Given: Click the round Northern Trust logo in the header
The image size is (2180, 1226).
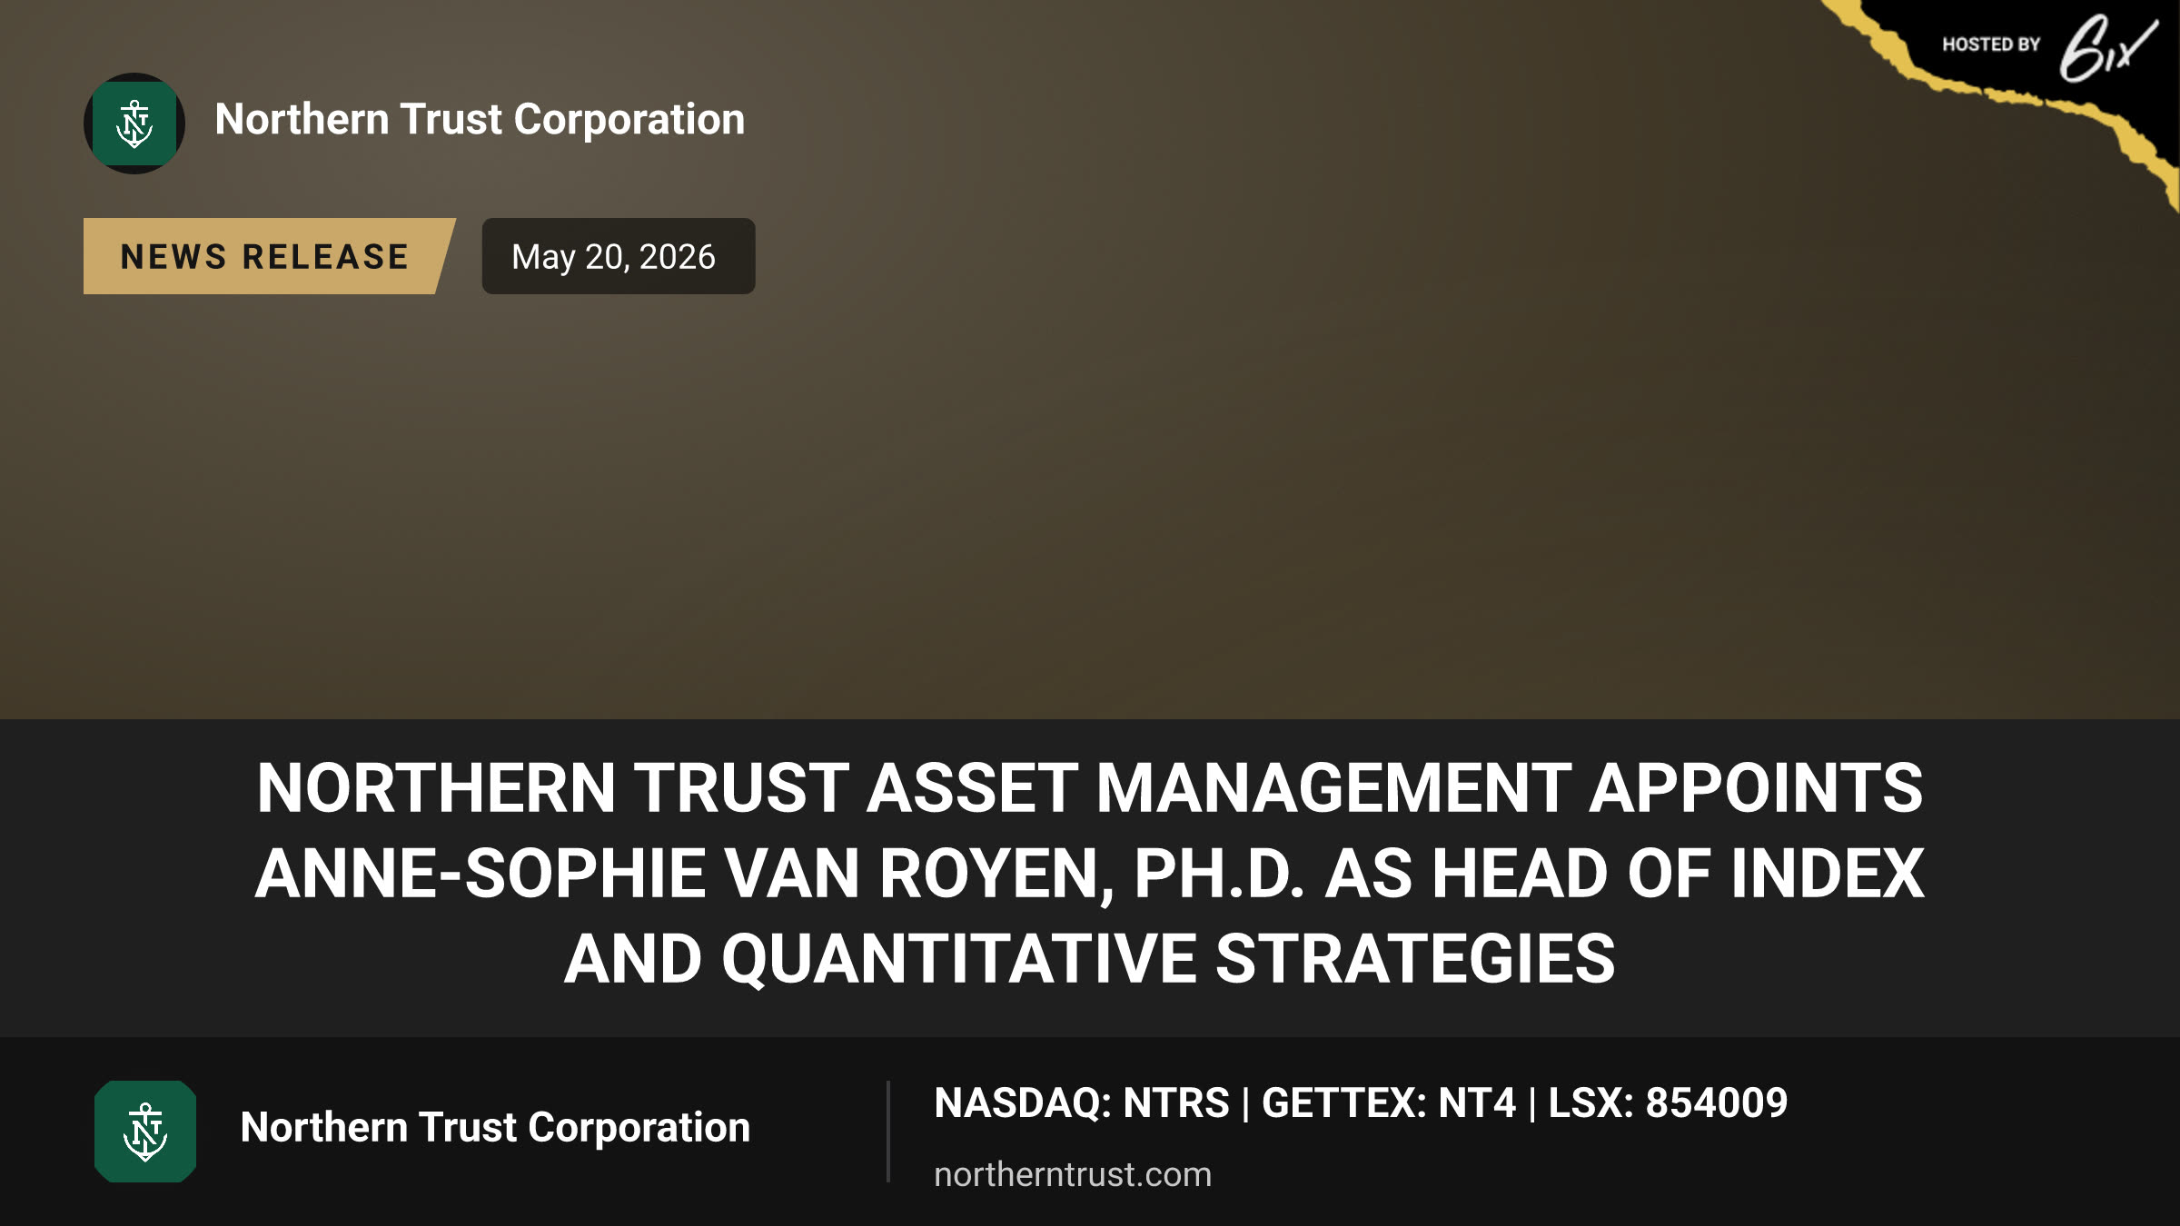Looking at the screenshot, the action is coord(134,124).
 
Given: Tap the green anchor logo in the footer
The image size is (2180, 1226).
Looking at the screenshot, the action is coord(145,1132).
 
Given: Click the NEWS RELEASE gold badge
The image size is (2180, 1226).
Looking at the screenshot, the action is coord(269,256).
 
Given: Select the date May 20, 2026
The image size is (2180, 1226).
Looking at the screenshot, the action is coord(614,257).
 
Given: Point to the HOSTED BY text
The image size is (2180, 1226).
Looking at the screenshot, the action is coord(1991,44).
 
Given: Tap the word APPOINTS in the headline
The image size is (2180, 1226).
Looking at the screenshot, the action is coord(1756,788).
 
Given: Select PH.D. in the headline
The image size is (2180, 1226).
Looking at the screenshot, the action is coord(1220,874).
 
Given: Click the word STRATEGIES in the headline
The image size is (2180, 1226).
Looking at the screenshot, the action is coord(1415,959).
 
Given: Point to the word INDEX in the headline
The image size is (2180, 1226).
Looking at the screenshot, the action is coord(1828,874).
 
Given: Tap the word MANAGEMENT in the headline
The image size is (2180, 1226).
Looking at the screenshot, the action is coord(1333,788).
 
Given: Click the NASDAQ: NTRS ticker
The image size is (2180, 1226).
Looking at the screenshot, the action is coord(1082,1103).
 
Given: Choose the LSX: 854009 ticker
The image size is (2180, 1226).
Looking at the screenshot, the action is coord(1668,1103).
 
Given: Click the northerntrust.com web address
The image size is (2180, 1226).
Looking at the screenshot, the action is coord(1073,1174).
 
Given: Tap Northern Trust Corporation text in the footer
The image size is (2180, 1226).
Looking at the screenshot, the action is coord(495,1128).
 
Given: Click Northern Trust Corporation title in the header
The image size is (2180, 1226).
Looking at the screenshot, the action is coord(480,120).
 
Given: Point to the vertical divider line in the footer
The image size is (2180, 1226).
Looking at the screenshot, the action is coord(887,1132).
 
